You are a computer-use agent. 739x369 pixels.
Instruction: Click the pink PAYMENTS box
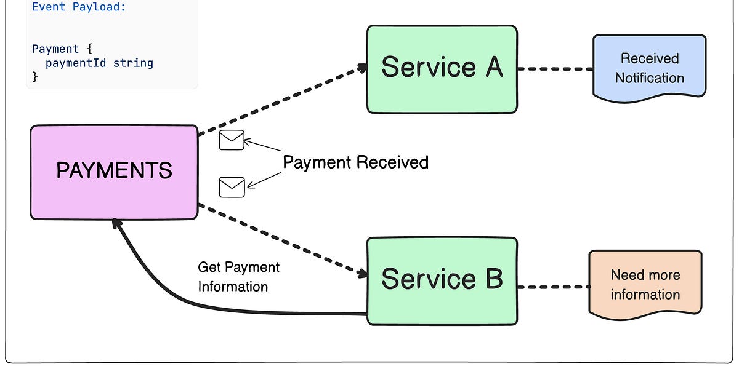click(114, 172)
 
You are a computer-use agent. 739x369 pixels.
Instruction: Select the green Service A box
click(442, 69)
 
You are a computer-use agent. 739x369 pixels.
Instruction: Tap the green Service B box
click(442, 280)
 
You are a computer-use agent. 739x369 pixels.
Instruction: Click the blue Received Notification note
click(649, 67)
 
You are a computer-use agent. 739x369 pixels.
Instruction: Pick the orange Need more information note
click(645, 284)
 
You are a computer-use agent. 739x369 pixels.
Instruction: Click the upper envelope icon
click(232, 141)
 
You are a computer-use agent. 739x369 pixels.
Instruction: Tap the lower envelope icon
click(232, 187)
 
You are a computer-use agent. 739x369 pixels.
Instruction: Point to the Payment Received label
click(355, 162)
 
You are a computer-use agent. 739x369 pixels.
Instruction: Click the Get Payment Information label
click(238, 277)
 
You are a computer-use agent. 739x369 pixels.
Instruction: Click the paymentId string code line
click(99, 63)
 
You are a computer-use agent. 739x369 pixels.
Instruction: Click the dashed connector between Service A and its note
click(554, 69)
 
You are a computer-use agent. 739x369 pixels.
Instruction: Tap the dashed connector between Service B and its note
click(553, 287)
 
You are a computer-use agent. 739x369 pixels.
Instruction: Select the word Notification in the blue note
click(649, 78)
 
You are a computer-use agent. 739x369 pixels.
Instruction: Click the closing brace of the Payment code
click(35, 76)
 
